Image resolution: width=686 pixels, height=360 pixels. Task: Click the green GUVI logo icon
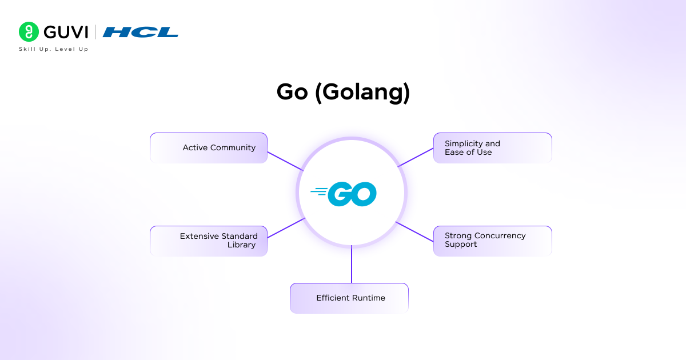(x=29, y=32)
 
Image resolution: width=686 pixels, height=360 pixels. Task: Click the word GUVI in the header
(x=66, y=32)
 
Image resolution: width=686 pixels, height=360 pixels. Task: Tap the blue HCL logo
(x=141, y=32)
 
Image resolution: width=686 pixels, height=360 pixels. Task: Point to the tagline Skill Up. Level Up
(x=54, y=49)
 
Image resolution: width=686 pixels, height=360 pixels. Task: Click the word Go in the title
(x=292, y=93)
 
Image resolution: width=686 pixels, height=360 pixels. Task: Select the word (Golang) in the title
(x=362, y=93)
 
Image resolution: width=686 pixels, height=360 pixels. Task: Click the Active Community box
(x=209, y=148)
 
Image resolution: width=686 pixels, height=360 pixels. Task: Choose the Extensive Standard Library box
(x=209, y=241)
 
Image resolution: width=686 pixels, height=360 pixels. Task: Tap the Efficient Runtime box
(x=349, y=298)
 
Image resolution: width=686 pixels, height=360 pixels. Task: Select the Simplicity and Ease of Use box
(x=492, y=148)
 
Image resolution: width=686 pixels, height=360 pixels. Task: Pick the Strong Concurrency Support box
(x=492, y=241)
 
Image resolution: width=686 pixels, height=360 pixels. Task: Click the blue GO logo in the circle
(x=351, y=194)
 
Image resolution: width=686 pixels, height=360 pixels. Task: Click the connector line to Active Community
(x=285, y=161)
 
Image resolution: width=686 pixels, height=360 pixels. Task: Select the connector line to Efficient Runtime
(x=352, y=265)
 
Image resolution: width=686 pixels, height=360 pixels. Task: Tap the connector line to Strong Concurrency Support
(x=415, y=231)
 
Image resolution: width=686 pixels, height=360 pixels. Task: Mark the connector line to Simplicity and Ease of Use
(x=416, y=157)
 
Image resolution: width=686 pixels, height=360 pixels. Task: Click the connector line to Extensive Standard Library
(x=286, y=227)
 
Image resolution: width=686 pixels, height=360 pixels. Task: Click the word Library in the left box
(x=241, y=245)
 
